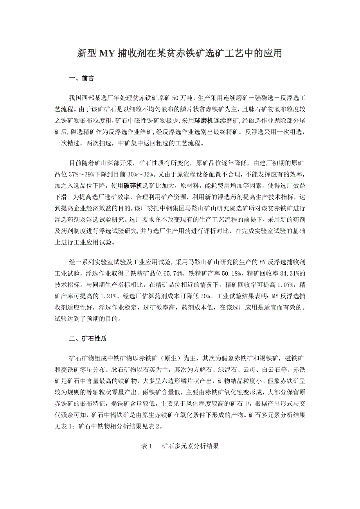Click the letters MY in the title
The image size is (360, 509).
click(106, 54)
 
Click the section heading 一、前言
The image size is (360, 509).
click(81, 78)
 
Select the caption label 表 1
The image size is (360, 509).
click(146, 446)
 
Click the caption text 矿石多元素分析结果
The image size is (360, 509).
click(190, 446)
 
